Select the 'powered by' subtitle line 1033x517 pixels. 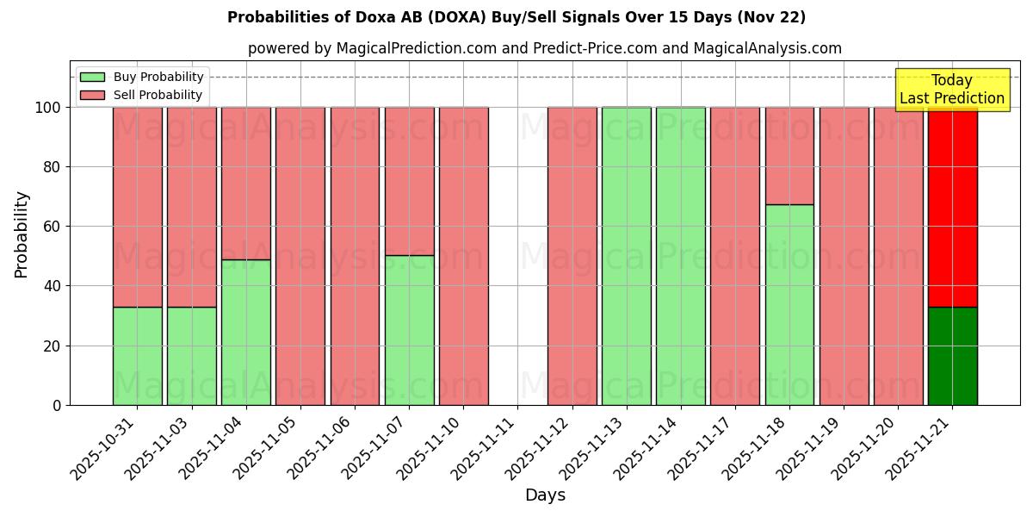[544, 48]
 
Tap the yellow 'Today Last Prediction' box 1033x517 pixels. [951, 90]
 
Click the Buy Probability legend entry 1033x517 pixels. [142, 77]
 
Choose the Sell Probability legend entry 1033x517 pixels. [142, 95]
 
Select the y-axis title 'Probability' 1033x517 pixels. [22, 234]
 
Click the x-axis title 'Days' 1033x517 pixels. [545, 495]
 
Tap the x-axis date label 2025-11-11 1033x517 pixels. [485, 448]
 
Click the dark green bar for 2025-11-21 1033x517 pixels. [952, 356]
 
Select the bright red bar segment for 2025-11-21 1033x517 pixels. [952, 207]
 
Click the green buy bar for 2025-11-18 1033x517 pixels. [789, 304]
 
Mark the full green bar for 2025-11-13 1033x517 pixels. [626, 256]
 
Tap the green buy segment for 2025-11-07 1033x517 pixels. [409, 330]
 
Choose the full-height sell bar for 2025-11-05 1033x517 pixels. [300, 256]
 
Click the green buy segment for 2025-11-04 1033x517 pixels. [245, 332]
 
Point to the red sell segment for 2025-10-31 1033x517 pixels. [137, 207]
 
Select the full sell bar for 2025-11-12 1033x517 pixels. [572, 256]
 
